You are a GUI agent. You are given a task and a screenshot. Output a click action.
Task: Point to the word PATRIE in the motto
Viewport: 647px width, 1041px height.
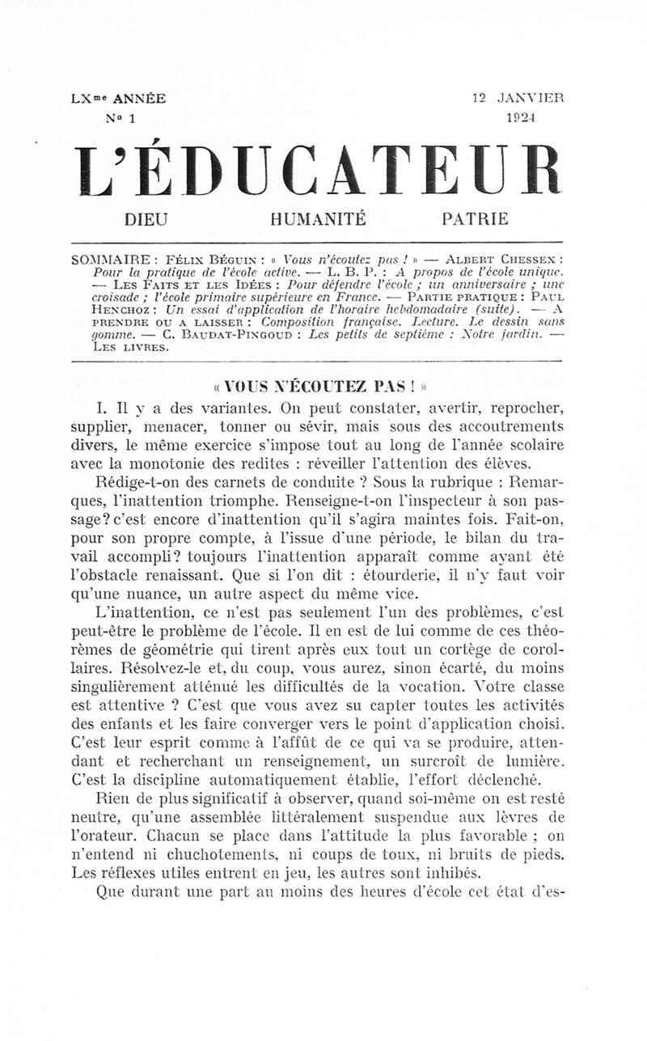[x=476, y=218]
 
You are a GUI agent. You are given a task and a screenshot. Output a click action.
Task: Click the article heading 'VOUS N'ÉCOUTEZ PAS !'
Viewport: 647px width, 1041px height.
[x=322, y=387]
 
